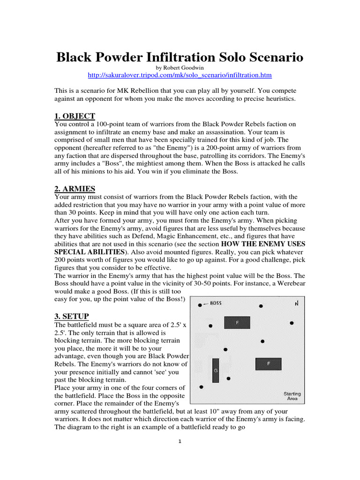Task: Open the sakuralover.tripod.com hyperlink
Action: click(180, 75)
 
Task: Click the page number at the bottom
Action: click(180, 445)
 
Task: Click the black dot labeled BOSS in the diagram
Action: click(200, 305)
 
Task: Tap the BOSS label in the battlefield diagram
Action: click(216, 303)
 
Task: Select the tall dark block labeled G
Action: click(216, 370)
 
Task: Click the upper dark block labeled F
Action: click(237, 322)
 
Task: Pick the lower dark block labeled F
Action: click(268, 364)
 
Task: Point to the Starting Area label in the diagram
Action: click(292, 396)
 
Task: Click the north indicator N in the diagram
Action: click(296, 304)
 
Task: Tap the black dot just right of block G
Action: click(228, 378)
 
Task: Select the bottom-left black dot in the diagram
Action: click(201, 387)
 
